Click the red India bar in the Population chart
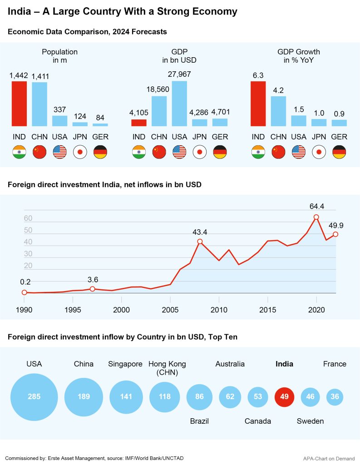click(x=20, y=104)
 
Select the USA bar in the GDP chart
click(x=179, y=104)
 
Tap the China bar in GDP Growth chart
click(x=278, y=111)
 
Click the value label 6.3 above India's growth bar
click(x=258, y=74)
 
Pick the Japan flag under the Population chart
click(x=80, y=152)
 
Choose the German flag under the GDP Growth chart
click(x=339, y=152)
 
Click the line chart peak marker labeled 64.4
click(x=316, y=217)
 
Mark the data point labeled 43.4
click(x=200, y=242)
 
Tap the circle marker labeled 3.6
click(x=92, y=289)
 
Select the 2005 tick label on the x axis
click(x=170, y=310)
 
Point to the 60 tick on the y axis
click(x=28, y=218)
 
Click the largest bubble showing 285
click(x=34, y=397)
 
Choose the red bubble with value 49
click(x=285, y=397)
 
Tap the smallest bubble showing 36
click(x=335, y=397)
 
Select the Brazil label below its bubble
click(x=199, y=421)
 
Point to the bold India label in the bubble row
click(x=285, y=364)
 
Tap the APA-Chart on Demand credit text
click(x=329, y=459)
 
